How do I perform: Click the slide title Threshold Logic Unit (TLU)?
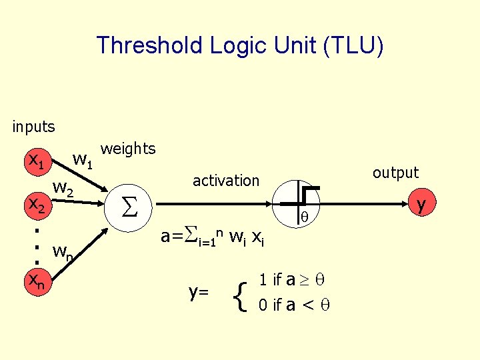click(x=240, y=46)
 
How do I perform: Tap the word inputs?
click(x=33, y=125)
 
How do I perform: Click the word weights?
click(x=127, y=149)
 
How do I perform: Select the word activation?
click(x=225, y=180)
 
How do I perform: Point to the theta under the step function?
click(x=304, y=217)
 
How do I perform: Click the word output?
click(x=395, y=173)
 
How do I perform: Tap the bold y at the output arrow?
click(x=421, y=203)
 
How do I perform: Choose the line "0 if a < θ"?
click(x=294, y=305)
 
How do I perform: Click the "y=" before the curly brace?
click(x=199, y=291)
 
